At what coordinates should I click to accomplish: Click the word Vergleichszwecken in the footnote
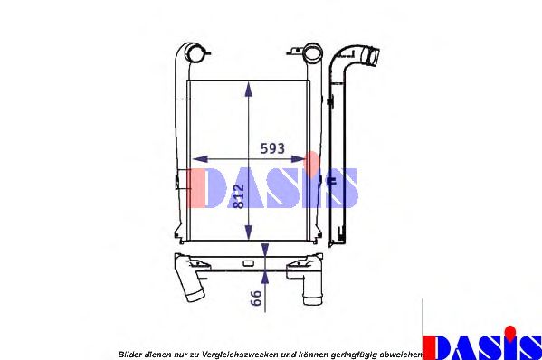pyautogui.click(x=232, y=351)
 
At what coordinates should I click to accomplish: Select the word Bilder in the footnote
pyautogui.click(x=131, y=351)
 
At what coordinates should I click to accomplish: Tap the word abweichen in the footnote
pyautogui.click(x=401, y=351)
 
